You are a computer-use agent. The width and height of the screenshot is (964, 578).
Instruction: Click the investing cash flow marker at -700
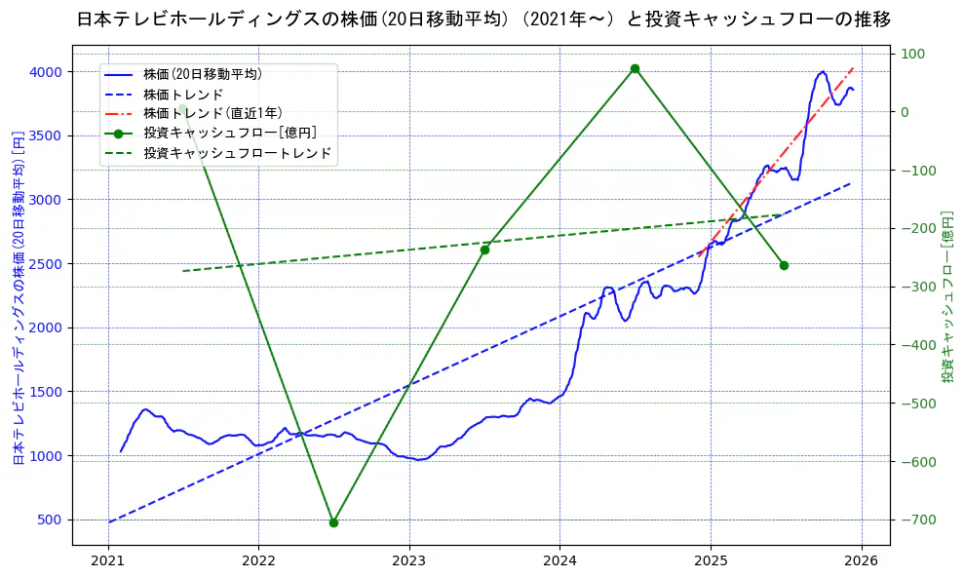333,522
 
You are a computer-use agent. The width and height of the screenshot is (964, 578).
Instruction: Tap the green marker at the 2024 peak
635,68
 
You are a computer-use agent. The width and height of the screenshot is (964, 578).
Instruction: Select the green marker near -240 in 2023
484,250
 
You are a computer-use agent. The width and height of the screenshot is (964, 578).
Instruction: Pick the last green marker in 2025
784,265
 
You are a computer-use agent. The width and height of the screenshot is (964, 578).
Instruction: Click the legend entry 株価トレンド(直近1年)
213,113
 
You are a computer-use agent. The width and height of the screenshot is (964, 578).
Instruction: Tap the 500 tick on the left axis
49,520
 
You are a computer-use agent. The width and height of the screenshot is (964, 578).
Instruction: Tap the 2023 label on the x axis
408,562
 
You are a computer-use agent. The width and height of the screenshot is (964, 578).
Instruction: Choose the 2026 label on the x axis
861,562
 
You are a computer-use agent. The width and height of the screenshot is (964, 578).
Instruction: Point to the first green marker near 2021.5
182,108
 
